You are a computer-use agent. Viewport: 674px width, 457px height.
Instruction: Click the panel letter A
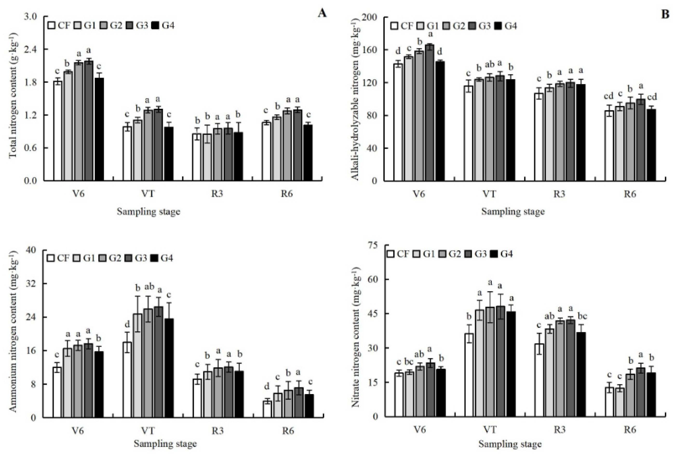tap(322, 13)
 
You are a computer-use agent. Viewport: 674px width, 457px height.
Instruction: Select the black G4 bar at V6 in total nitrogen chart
tap(99, 129)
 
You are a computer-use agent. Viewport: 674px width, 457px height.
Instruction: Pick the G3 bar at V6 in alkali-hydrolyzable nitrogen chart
tap(430, 113)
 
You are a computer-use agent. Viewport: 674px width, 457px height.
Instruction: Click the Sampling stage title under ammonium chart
tap(165, 444)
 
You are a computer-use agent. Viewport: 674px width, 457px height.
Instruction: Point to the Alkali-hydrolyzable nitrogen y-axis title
tap(356, 99)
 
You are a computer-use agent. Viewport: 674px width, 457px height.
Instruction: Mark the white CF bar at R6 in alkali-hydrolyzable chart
tap(609, 145)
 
